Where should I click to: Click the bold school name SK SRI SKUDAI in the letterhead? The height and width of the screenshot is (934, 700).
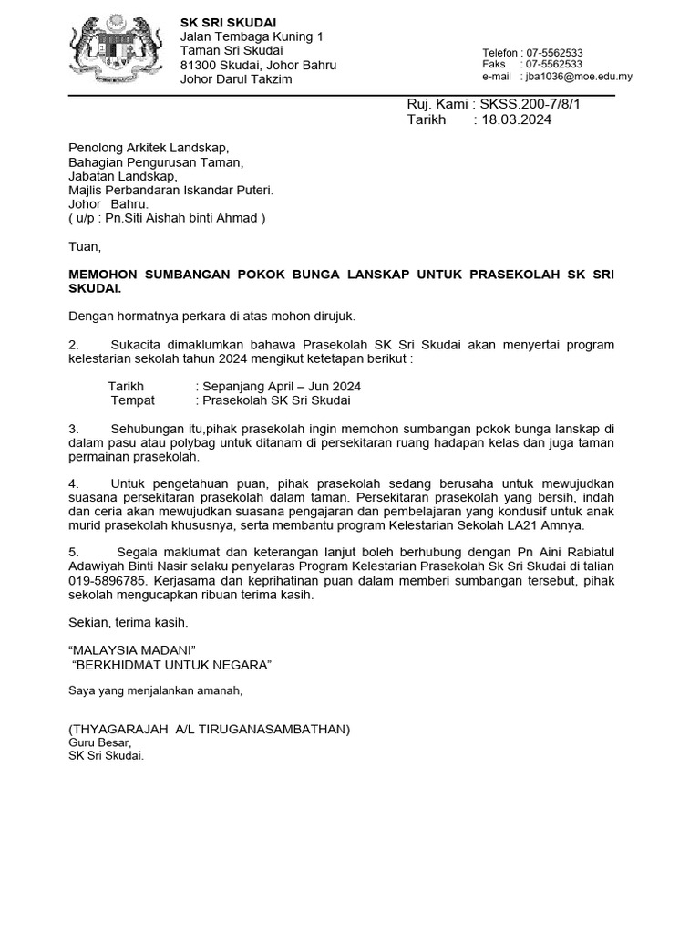click(229, 22)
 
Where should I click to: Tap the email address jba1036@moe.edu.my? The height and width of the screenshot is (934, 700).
click(576, 77)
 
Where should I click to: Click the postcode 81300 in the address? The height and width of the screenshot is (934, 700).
click(200, 66)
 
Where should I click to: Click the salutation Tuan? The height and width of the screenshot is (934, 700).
click(86, 246)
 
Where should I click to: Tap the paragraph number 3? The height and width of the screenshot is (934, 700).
click(73, 429)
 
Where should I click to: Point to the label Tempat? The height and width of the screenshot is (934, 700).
click(133, 400)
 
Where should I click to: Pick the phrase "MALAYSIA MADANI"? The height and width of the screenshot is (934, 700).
click(132, 649)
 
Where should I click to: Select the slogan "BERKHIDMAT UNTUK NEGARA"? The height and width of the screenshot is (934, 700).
click(171, 664)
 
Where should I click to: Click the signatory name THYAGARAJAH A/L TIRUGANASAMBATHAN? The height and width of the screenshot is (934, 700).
click(209, 730)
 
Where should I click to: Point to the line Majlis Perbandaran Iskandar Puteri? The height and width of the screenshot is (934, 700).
click(170, 191)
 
